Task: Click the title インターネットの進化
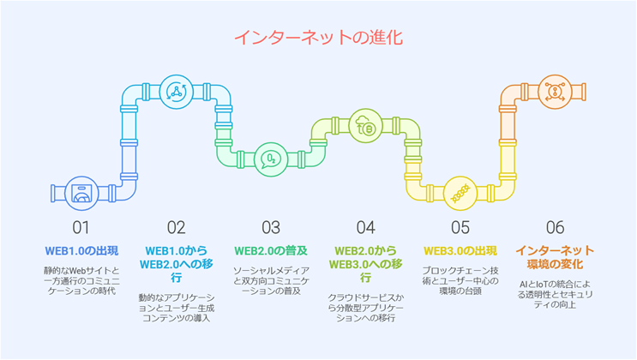tap(318, 38)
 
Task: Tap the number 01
tap(81, 228)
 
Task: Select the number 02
tap(176, 228)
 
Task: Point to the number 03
tap(271, 228)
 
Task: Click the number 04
tap(366, 228)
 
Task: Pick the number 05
tap(460, 228)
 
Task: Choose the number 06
tap(556, 228)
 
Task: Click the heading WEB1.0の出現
tap(81, 250)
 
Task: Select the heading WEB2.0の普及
tap(271, 250)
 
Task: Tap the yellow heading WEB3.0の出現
tap(460, 250)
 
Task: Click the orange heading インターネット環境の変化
tap(556, 257)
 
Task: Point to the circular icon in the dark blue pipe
tap(82, 194)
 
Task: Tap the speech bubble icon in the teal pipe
tap(272, 159)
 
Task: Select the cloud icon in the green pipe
tap(366, 125)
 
